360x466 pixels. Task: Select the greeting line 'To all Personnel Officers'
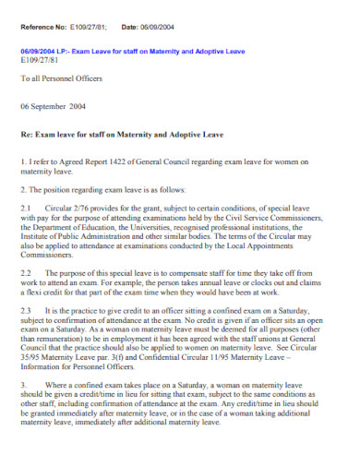click(x=64, y=80)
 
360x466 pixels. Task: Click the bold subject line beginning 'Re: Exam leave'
click(x=123, y=135)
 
